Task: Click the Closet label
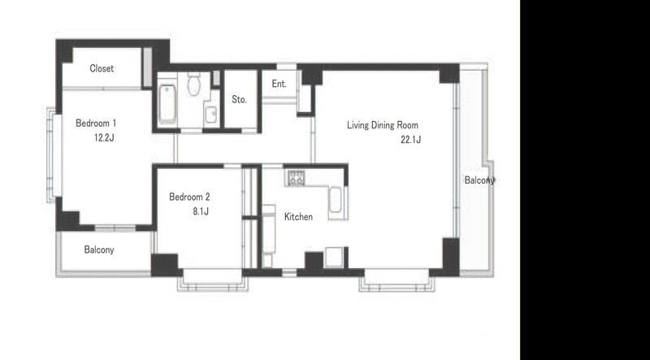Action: click(102, 68)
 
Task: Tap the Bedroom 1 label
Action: click(96, 124)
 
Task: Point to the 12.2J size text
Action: click(104, 138)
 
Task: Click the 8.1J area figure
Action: click(200, 211)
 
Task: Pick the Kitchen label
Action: click(298, 216)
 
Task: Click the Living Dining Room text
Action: click(383, 125)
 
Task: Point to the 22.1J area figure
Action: click(411, 140)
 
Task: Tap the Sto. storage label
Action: click(239, 99)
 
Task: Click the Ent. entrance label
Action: click(279, 84)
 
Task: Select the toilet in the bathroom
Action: click(193, 85)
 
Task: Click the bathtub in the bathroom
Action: click(167, 104)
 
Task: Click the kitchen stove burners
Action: click(296, 178)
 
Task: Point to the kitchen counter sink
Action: click(335, 201)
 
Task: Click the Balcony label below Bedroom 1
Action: click(99, 249)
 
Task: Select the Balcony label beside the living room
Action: click(479, 180)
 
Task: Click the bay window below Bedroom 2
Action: click(213, 280)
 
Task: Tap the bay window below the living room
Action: click(397, 280)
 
